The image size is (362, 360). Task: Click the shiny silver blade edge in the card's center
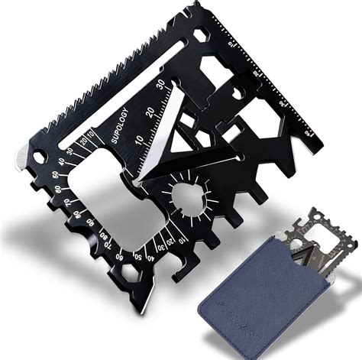point(157,138)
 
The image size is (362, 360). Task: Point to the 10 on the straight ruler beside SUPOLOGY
point(137,141)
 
